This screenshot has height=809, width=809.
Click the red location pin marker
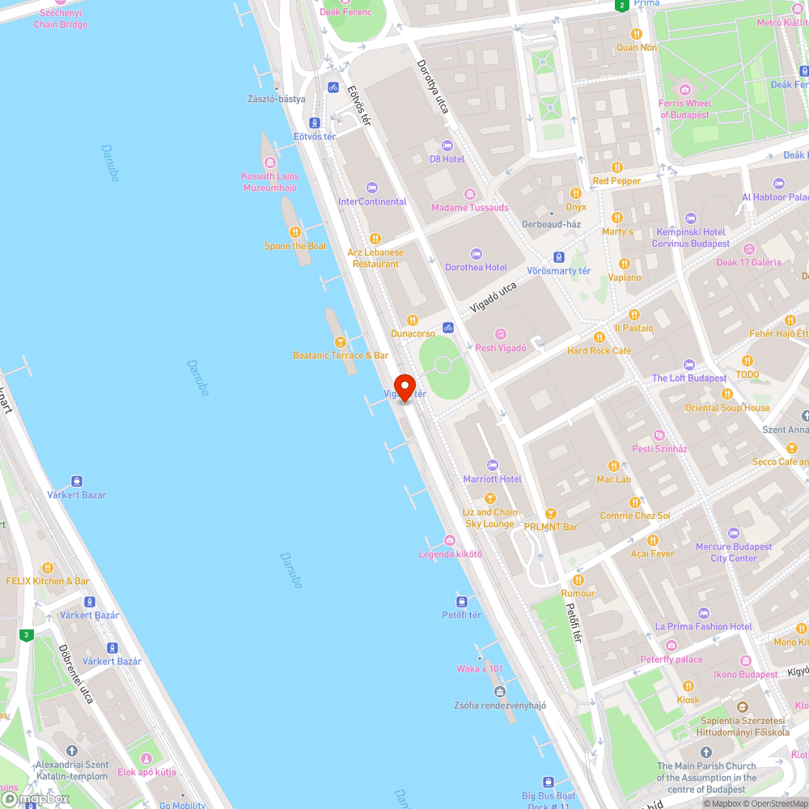tap(404, 386)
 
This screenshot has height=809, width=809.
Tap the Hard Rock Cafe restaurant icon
tap(599, 337)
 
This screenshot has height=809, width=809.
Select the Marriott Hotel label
tap(492, 479)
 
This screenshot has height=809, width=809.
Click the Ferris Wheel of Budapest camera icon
tap(685, 90)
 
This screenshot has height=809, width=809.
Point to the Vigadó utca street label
tap(493, 297)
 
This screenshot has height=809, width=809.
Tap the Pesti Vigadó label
tap(500, 348)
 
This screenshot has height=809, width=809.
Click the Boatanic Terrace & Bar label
tap(341, 355)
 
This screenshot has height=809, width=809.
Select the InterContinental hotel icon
tap(372, 188)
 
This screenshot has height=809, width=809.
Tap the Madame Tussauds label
tap(470, 208)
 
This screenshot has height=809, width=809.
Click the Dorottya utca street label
tap(432, 87)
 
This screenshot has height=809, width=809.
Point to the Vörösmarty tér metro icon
tap(558, 257)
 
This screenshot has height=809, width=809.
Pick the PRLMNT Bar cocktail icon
tap(550, 513)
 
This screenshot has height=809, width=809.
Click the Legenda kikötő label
tap(450, 554)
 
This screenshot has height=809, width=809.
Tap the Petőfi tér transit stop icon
tap(462, 601)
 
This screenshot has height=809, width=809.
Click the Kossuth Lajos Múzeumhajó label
tap(270, 182)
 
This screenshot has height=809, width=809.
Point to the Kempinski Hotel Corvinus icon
tap(690, 218)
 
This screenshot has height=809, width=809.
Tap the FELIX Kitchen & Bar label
tap(48, 581)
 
